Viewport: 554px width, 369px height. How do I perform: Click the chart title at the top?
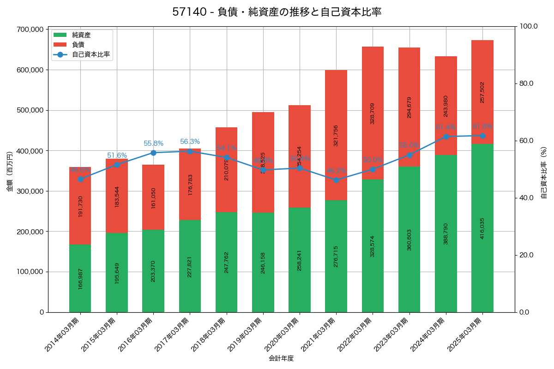tap(277, 12)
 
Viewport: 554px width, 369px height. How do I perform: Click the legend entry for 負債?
tap(78, 45)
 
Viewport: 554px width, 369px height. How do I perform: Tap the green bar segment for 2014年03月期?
tap(80, 278)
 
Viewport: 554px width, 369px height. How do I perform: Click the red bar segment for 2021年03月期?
tap(336, 135)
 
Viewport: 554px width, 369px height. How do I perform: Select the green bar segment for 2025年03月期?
tap(482, 228)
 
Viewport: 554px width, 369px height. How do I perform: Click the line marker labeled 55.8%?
tap(153, 153)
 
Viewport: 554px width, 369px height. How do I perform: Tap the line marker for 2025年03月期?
tap(482, 136)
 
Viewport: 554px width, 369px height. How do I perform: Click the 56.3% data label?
tap(190, 142)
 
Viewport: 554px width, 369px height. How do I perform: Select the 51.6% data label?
tap(117, 155)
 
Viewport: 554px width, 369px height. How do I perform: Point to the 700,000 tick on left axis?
tap(30, 30)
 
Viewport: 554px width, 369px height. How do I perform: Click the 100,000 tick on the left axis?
tap(30, 272)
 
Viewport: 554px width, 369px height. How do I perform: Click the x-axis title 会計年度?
tap(281, 358)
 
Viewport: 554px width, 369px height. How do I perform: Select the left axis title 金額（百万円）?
tap(9, 171)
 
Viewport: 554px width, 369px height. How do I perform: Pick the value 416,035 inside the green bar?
tap(482, 228)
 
